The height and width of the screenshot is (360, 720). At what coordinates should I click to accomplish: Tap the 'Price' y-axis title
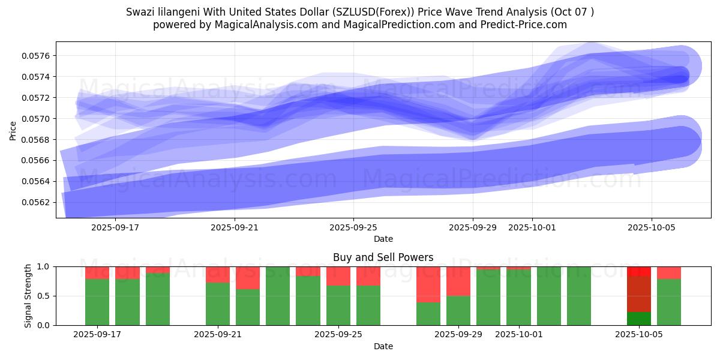pos(13,130)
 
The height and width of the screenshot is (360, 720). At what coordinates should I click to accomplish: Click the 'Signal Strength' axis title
pos(28,296)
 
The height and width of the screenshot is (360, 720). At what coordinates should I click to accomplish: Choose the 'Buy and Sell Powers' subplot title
pos(383,257)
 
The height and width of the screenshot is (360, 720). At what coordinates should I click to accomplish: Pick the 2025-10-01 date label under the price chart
pos(532,227)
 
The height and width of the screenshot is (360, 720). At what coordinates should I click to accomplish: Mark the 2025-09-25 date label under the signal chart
pos(339,334)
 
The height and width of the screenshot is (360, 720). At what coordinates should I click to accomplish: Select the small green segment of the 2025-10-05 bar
pos(639,318)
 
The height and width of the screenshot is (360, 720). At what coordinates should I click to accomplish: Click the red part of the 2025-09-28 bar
pos(428,284)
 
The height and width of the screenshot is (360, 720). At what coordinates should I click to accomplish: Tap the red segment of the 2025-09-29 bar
pos(458,281)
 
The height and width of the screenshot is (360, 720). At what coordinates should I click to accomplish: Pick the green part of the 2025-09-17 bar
pos(97,302)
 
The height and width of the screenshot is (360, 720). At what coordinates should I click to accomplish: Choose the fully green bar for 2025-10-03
pos(579,296)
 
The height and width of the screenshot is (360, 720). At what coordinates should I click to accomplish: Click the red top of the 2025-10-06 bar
pos(669,272)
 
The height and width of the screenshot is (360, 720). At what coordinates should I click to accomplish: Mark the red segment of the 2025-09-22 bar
pos(248,277)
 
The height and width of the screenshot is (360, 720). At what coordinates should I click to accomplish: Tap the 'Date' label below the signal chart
pos(383,346)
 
